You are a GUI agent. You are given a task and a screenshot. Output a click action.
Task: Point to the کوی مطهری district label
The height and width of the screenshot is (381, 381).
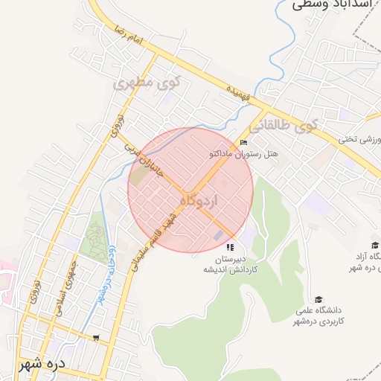coord(143,83)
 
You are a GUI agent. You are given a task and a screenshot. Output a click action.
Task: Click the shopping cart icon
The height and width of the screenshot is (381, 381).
coord(96,337)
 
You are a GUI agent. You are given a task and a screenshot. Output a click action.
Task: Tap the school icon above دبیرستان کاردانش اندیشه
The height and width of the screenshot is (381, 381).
coord(231,247)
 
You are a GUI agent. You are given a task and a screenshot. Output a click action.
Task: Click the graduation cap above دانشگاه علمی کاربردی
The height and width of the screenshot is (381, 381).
coord(319,299)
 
